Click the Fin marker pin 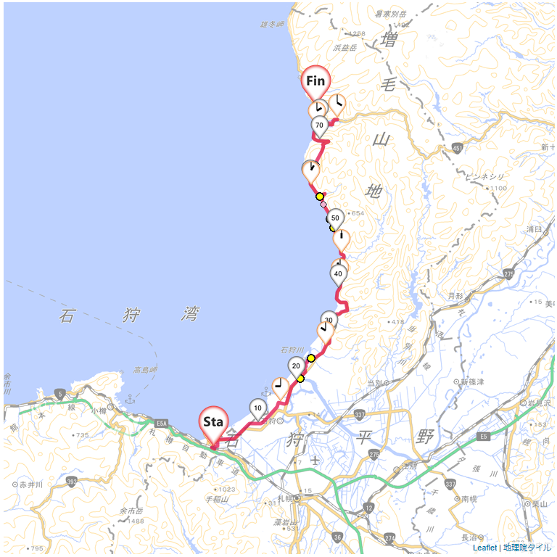coord(315,81)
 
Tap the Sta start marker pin coord(214,421)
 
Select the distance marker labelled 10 coord(257,408)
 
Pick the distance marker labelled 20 coord(296,366)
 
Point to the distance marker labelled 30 coord(329,320)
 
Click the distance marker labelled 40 coord(338,273)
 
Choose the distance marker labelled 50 coord(335,217)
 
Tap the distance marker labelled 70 coord(319,125)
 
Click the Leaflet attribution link coord(484,548)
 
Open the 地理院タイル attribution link coord(527,548)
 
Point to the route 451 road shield coord(457,148)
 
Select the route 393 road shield coord(71,481)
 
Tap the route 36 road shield coord(337,537)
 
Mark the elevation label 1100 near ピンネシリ coord(498,189)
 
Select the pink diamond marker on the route coord(323,205)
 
